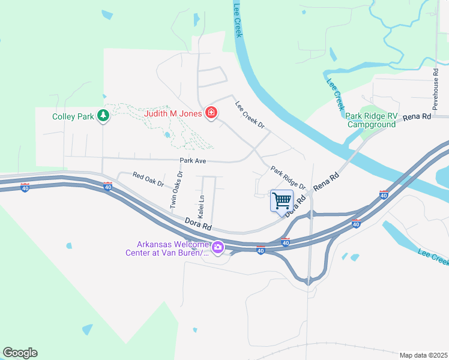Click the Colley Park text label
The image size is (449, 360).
pos(73,116)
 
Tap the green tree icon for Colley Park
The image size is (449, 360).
pos(103,115)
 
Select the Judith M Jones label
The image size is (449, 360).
pos(173,112)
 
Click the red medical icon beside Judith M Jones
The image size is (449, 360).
pos(211,112)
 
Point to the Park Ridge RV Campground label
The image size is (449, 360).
pos(370,120)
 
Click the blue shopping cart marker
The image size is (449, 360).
pos(282,200)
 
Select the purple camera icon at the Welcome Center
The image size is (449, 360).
pos(218,247)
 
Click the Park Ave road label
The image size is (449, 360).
pos(193,161)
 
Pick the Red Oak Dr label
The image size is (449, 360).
pos(148,177)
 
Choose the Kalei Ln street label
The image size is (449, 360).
pos(202,205)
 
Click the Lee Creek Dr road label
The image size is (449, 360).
pos(250,115)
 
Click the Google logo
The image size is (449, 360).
pos(20,353)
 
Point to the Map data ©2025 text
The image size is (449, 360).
pos(423,355)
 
